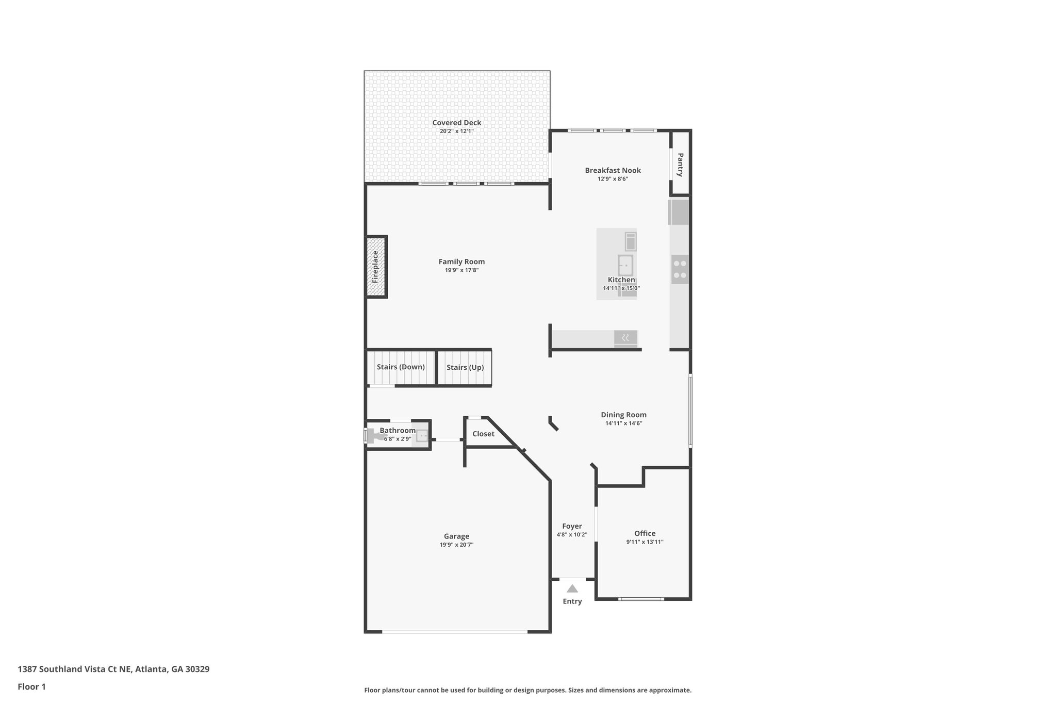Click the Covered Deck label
coord(456,123)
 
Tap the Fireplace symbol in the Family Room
coord(376,267)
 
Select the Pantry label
coord(680,164)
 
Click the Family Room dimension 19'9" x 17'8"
coord(461,270)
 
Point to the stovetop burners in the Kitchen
coord(680,270)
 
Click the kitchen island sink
coord(625,265)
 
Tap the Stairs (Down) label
coord(401,367)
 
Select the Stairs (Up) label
coord(465,368)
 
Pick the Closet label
coord(483,434)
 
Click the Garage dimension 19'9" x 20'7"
coord(456,545)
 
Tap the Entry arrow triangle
coord(572,588)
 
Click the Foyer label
coord(572,526)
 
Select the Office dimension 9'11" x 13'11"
coord(645,542)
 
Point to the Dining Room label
coord(623,415)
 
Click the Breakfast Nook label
coord(613,170)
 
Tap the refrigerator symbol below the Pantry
coord(679,212)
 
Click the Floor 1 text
coord(31,686)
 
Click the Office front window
coord(641,599)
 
